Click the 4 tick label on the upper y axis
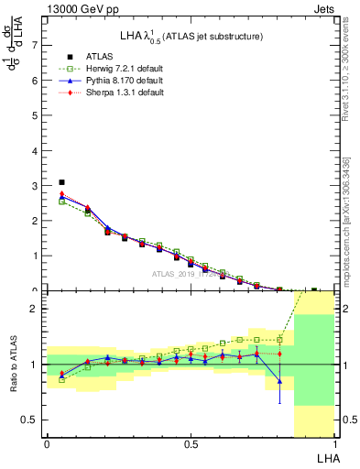(35, 150)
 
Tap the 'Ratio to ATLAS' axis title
(12, 365)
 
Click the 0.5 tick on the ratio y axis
(31, 420)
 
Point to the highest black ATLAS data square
(61, 182)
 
